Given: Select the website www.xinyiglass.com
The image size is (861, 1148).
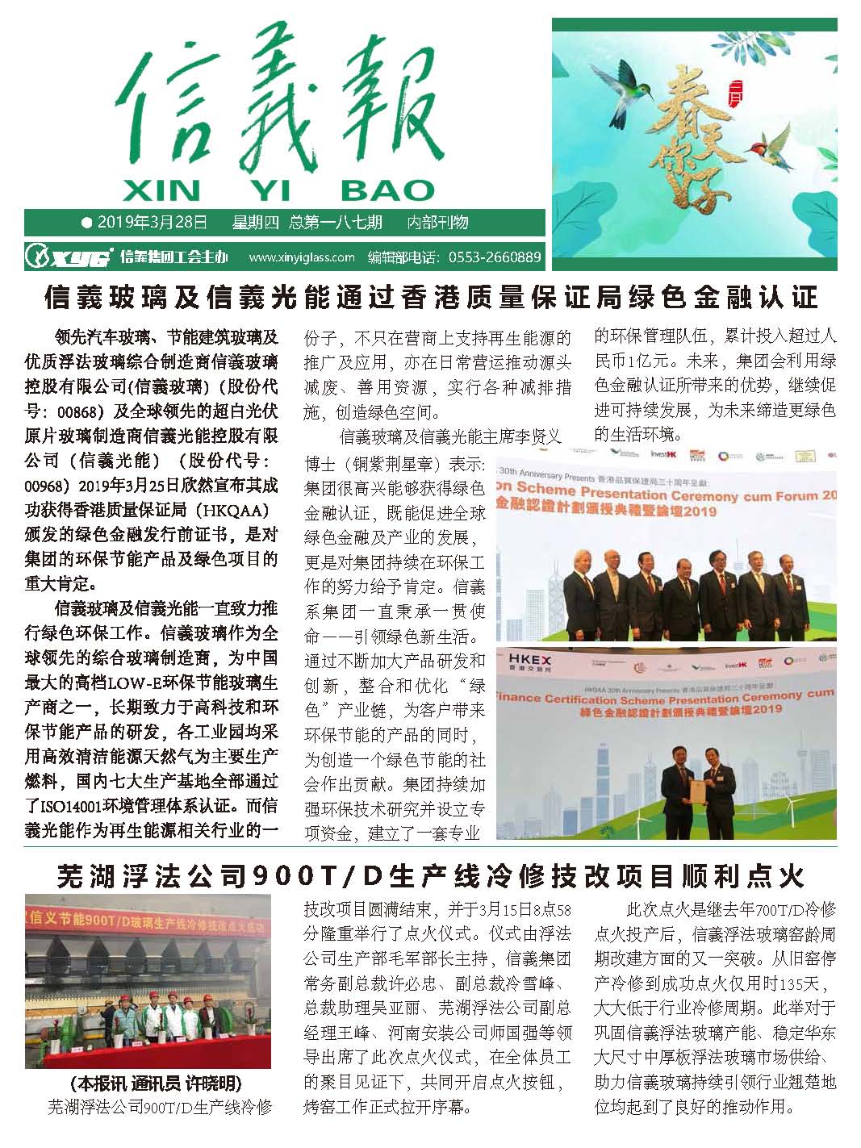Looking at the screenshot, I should pyautogui.click(x=302, y=258).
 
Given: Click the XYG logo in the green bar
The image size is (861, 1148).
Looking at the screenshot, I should pyautogui.click(x=68, y=257).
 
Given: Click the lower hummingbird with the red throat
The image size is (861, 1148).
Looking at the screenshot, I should pyautogui.click(x=767, y=146).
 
